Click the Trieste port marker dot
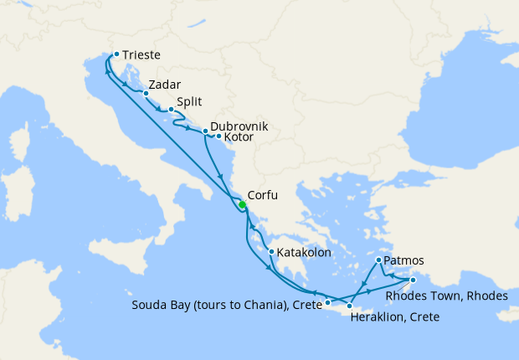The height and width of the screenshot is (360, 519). coord(116,54)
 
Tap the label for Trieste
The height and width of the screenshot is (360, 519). coord(141,56)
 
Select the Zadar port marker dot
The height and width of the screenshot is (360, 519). coord(146,94)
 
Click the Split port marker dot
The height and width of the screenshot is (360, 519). coord(171,110)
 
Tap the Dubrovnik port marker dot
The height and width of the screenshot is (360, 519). coord(205,131)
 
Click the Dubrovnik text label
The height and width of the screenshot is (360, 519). coord(239,126)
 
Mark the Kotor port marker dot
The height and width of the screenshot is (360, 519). coord(218,136)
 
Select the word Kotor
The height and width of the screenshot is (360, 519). coord(239,136)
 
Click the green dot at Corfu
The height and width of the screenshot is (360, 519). coord(242,205)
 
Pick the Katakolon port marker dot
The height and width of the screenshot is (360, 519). coord(271,251)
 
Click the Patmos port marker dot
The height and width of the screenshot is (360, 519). coord(379,260)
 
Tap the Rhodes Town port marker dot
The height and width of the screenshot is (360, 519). coord(413,280)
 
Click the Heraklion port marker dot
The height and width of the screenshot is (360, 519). coord(349,307)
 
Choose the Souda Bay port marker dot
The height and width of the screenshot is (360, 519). coord(328,302)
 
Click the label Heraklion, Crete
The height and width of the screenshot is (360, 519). coord(396,318)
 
